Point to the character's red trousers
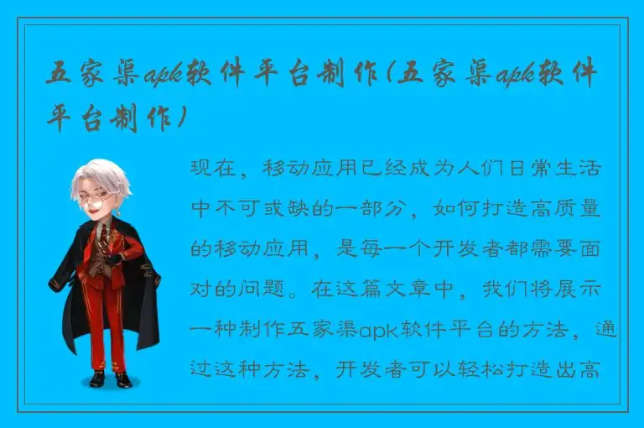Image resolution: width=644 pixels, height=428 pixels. [x=104, y=327]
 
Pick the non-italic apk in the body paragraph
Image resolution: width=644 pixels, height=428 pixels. [x=377, y=330]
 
